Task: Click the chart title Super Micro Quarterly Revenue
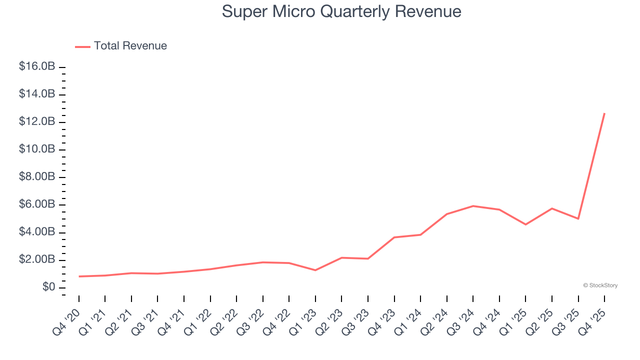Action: [341, 11]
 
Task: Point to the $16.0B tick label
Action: [36, 66]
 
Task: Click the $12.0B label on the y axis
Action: [36, 122]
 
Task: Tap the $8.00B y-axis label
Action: [36, 177]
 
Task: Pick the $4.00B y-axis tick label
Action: [36, 232]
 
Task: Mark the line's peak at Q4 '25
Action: [604, 113]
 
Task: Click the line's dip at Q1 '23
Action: [315, 270]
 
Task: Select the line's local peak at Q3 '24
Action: [473, 206]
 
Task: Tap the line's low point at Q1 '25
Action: [525, 224]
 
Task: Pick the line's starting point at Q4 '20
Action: [79, 276]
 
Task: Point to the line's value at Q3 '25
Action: [578, 218]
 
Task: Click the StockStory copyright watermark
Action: [600, 285]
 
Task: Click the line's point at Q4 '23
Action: [394, 237]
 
